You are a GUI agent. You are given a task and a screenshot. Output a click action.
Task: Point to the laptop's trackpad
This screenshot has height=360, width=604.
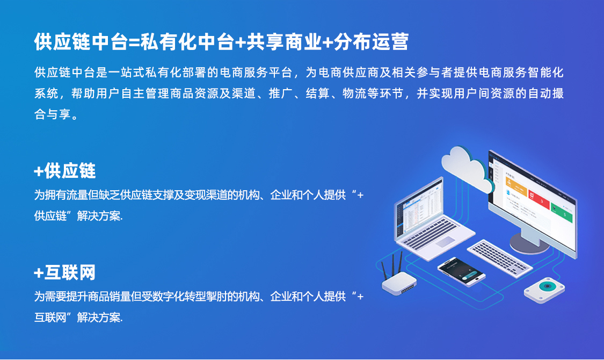point(446,241)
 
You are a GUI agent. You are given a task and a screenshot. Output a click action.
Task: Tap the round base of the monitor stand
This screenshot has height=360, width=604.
point(529,243)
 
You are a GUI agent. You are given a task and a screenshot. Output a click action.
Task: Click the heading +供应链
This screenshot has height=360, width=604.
point(65,171)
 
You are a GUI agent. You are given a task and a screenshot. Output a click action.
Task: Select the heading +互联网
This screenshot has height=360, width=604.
point(65,273)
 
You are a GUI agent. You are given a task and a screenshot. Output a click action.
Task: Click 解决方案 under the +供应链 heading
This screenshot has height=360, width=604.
point(99,216)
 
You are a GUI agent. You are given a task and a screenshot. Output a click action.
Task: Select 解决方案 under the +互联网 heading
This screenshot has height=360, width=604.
point(99,318)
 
